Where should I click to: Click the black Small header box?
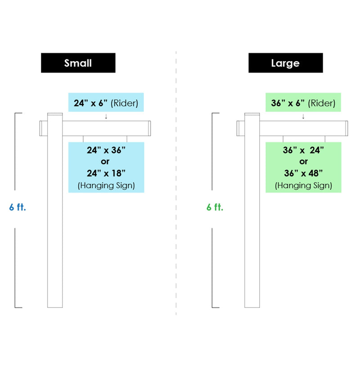coord(78,63)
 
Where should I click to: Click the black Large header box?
coord(285,63)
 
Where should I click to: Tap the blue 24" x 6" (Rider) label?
coord(106,102)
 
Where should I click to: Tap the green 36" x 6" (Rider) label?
coord(303,102)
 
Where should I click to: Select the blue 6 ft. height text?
coord(18,207)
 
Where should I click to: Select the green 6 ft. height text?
coord(215,207)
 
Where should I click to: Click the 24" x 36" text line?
coord(106,150)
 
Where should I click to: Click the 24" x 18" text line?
coord(106,173)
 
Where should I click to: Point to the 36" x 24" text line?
coord(303,150)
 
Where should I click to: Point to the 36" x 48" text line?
coord(303,173)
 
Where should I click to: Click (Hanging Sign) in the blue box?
coord(106,186)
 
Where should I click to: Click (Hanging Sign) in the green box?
coord(303,186)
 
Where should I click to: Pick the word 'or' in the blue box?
coord(105,161)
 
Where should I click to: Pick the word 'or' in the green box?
coord(303,161)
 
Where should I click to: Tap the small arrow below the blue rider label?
coord(106,116)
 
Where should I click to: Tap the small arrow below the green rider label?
coord(303,116)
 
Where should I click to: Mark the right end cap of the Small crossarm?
coord(149,128)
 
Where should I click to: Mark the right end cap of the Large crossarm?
coord(346,128)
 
